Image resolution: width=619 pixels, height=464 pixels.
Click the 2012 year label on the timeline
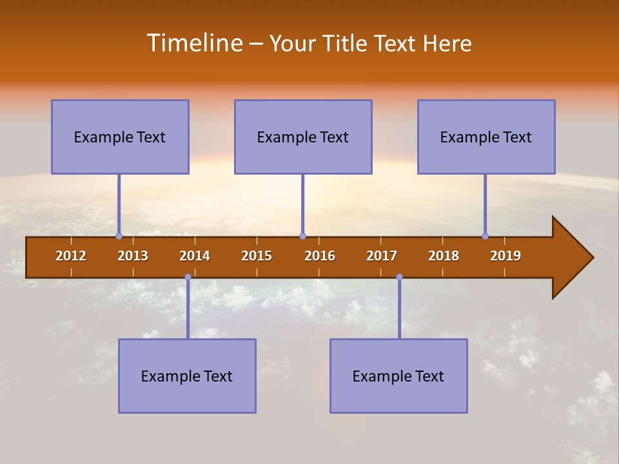71,256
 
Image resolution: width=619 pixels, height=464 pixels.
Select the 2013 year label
133,256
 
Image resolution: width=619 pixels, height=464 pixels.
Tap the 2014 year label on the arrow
195,256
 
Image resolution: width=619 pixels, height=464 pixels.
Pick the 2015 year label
257,256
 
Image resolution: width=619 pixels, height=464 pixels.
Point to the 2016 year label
320,256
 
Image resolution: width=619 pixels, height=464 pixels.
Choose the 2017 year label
382,256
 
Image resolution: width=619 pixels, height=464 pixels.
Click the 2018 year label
444,256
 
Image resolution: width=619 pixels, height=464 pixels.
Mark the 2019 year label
506,256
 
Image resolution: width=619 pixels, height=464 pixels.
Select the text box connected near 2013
120,137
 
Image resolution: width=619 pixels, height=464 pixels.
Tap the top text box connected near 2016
303,137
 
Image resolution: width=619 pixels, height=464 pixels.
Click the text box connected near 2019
486,137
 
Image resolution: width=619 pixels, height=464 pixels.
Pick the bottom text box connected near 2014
187,376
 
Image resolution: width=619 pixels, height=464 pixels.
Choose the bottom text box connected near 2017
398,376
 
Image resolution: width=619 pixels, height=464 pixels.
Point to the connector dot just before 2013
119,237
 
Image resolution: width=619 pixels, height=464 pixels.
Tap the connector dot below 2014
188,277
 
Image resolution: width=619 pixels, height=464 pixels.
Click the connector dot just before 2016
302,237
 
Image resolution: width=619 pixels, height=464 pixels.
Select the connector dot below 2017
399,277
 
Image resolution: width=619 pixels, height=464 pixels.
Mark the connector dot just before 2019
485,237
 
